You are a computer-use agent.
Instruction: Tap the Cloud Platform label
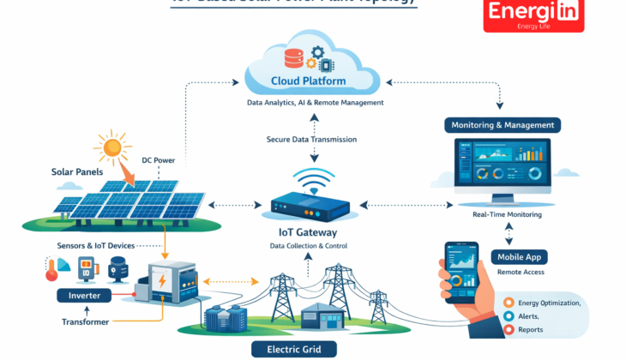[x=310, y=81]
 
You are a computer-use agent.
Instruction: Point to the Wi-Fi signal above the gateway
[x=312, y=178]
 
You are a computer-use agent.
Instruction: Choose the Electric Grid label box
[x=294, y=349]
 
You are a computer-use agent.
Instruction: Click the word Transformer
[x=85, y=322]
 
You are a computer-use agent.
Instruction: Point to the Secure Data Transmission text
[x=311, y=139]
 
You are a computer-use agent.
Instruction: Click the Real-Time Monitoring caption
[x=507, y=215]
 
